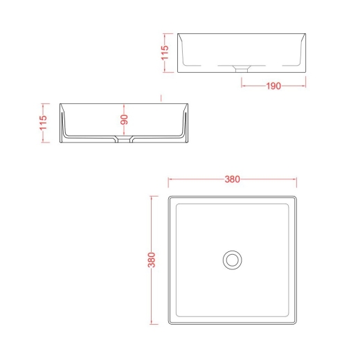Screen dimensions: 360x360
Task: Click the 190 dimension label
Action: [x=273, y=86]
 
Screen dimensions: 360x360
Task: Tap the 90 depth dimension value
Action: [x=124, y=120]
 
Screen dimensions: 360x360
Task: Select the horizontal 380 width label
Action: [x=233, y=179]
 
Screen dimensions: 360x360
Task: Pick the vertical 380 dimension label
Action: [x=152, y=260]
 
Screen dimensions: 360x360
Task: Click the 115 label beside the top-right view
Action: [x=165, y=53]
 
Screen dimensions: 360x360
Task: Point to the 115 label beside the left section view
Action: [x=43, y=123]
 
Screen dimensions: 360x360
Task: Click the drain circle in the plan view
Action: [x=233, y=260]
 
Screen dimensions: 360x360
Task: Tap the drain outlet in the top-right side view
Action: [x=242, y=69]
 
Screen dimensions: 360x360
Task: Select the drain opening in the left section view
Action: [x=124, y=139]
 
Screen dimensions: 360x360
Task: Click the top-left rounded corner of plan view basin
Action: [x=169, y=197]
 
